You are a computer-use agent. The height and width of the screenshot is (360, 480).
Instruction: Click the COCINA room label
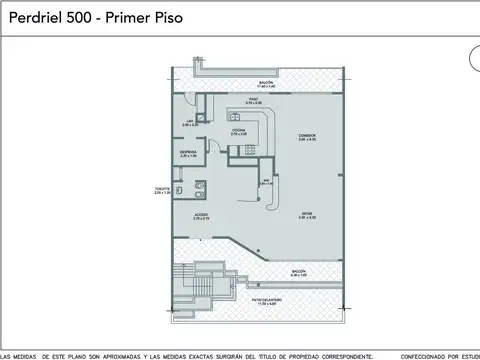[240, 130]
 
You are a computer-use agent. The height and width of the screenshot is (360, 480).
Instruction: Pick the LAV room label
[189, 122]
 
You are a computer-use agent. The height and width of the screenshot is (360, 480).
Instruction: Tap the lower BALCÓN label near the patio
[300, 272]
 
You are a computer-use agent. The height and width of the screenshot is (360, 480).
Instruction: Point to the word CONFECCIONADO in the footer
[429, 356]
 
